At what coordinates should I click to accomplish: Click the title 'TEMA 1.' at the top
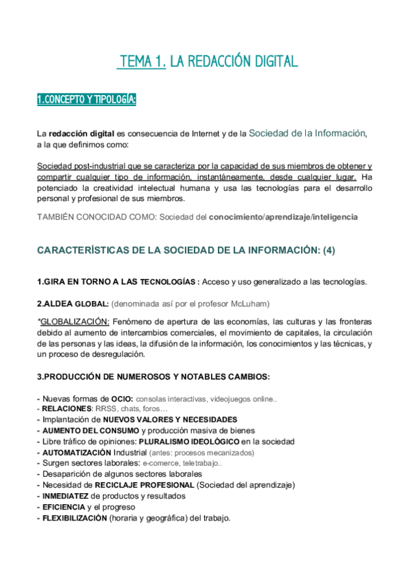coord(141,62)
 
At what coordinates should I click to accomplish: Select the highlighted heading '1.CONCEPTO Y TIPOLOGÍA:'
coord(86,101)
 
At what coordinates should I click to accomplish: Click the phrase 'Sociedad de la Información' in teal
coord(307,133)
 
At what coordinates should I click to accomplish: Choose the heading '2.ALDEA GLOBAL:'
coord(73,304)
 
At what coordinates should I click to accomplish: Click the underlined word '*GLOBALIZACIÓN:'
coord(74,321)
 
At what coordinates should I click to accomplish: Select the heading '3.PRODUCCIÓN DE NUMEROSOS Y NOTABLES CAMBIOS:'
coord(153,377)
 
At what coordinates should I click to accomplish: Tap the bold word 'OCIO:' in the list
coord(122,398)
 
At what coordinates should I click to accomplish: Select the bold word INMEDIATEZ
coord(66,496)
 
